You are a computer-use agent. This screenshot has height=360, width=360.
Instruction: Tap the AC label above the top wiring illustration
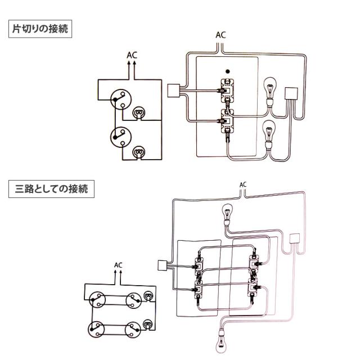coord(221,35)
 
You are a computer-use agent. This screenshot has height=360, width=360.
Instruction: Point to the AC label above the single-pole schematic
coord(132,56)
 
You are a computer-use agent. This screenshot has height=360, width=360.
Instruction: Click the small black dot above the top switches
coord(226,71)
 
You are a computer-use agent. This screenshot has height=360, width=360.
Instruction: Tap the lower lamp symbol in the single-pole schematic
coord(138,151)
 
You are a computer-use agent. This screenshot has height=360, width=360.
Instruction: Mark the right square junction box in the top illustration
coord(292,93)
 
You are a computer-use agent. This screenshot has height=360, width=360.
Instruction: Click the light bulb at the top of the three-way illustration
coord(227,214)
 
